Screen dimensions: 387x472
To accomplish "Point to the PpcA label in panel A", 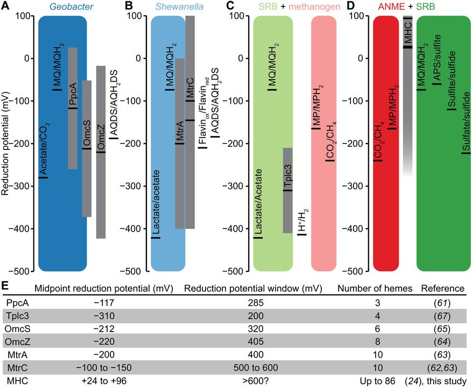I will (x=72, y=97).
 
